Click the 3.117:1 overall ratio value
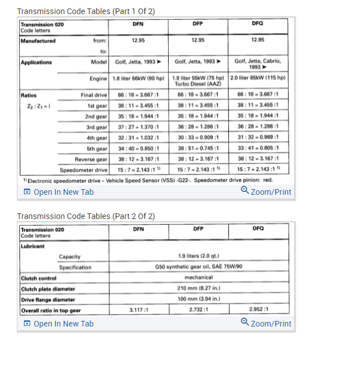tap(138, 311)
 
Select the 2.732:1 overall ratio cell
tap(198, 311)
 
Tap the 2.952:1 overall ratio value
tap(258, 311)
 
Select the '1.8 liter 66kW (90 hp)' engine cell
tap(138, 78)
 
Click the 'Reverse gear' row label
tap(91, 159)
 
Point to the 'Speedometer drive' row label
tap(84, 169)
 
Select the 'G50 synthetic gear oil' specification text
tap(198, 267)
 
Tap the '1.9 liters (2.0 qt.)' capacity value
tap(198, 257)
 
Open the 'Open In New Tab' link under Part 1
tap(58, 192)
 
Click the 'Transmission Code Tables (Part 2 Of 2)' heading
tap(86, 216)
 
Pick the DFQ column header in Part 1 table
tap(258, 24)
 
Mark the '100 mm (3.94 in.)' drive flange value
tap(198, 299)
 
